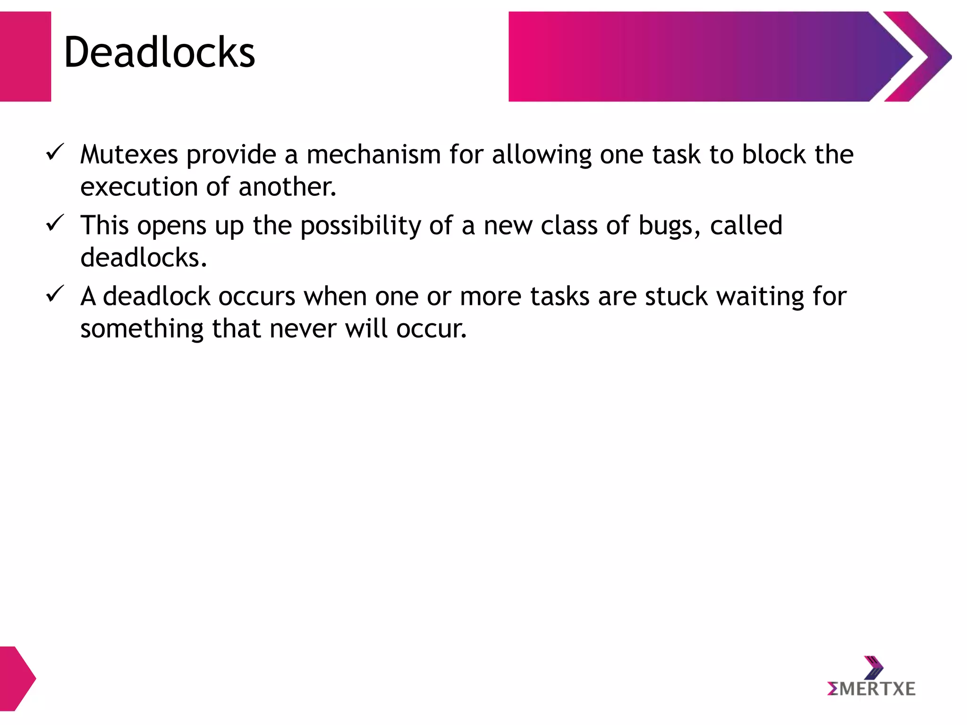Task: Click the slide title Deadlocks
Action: pyautogui.click(x=159, y=53)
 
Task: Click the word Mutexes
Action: pyautogui.click(x=129, y=155)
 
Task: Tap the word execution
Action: pyautogui.click(x=138, y=187)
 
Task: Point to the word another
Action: pyautogui.click(x=287, y=187)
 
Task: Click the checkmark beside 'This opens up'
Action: pyautogui.click(x=55, y=223)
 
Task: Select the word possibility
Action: pyautogui.click(x=360, y=226)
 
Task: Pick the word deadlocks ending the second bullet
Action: pyautogui.click(x=143, y=258)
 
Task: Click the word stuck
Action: pyautogui.click(x=676, y=296)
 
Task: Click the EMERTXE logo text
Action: pyautogui.click(x=871, y=689)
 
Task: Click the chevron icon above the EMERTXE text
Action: pyautogui.click(x=873, y=667)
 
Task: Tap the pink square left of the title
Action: pyautogui.click(x=25, y=57)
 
